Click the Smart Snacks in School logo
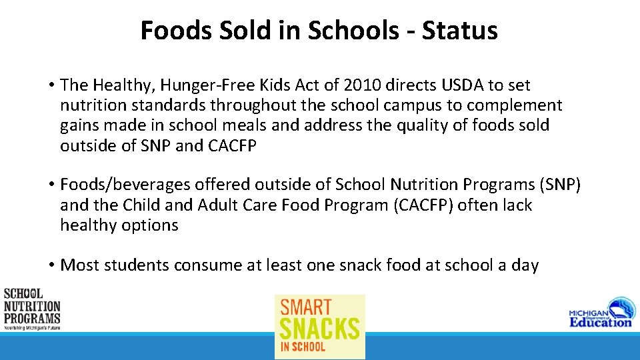(x=320, y=327)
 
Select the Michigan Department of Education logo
(x=599, y=312)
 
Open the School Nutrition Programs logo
(x=32, y=309)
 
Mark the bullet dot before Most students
(x=51, y=265)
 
